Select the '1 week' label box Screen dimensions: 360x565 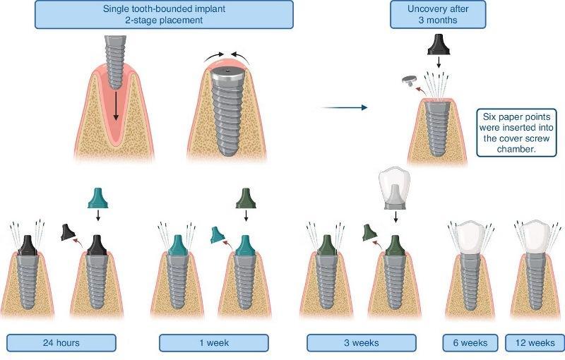(213, 342)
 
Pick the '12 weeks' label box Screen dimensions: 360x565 (534, 342)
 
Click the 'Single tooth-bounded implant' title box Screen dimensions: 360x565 (164, 14)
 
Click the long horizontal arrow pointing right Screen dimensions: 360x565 (344, 107)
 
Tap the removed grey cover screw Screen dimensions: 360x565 (408, 80)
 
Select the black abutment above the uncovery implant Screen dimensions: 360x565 (439, 47)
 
